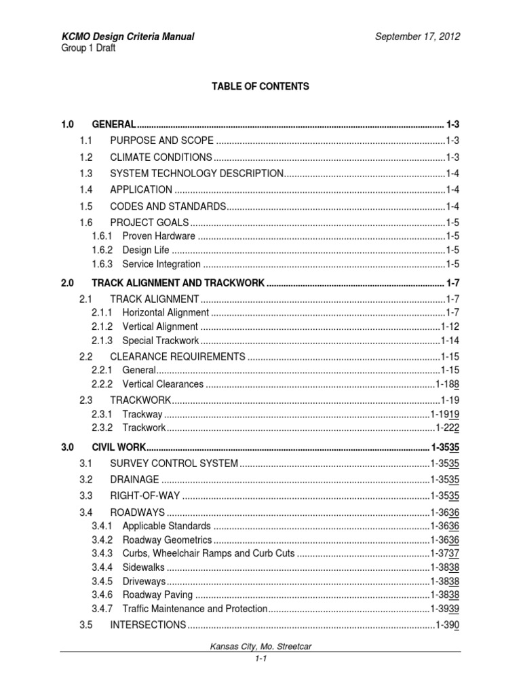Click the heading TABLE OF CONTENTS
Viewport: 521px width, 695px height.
260,86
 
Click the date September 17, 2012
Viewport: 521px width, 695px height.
418,37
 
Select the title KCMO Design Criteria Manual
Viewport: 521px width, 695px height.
128,37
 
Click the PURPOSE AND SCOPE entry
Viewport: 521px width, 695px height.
161,140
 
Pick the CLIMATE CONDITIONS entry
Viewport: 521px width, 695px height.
161,157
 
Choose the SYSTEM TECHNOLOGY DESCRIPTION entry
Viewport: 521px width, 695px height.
196,173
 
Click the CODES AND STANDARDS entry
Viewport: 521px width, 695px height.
167,206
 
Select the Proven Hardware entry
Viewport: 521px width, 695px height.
159,236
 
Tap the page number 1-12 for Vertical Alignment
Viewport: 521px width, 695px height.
450,326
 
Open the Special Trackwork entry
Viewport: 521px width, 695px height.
161,341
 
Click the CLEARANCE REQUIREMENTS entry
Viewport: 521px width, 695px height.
177,356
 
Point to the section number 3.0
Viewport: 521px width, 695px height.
67,447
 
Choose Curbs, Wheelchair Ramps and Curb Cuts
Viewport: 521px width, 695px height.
208,553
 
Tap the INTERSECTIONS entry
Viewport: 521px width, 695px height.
148,624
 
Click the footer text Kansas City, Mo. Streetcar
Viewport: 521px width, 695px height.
260,648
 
